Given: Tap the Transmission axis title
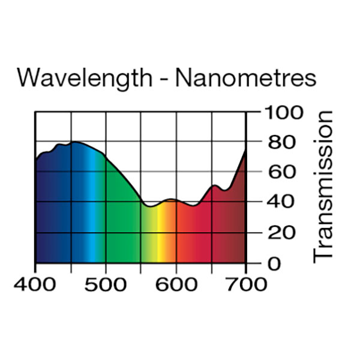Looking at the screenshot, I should pos(323,187).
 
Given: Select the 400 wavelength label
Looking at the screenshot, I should pos(35,283).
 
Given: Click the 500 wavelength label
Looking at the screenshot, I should pos(106,283).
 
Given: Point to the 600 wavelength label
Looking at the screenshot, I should pos(176,283).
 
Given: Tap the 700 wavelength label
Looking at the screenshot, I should pos(245,283).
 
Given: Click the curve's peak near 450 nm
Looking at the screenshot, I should pos(73,142).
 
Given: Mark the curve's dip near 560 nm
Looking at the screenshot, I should pos(150,206).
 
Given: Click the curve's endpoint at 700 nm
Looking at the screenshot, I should pos(245,151).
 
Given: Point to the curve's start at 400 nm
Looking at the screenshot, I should pos(36,160).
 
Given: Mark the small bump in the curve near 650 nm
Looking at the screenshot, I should pos(214,185).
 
